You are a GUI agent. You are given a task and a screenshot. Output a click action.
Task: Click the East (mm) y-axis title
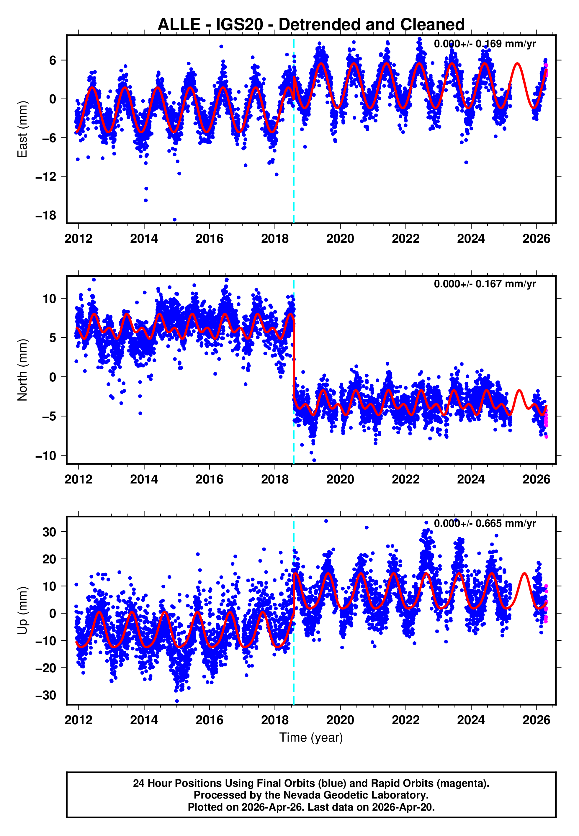tap(22, 129)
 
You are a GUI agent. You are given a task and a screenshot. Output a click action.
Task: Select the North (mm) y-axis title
tap(22, 370)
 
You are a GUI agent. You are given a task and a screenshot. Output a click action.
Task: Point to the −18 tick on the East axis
tap(46, 215)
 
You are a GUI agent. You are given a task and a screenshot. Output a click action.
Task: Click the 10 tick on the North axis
tap(49, 299)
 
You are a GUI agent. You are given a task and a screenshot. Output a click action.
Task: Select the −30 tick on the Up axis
tap(46, 695)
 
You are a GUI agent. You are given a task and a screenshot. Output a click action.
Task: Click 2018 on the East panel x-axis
tap(275, 239)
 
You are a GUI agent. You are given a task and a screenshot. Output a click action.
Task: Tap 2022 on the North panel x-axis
tap(405, 479)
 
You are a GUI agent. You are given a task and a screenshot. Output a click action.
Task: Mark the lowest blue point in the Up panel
tap(177, 701)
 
